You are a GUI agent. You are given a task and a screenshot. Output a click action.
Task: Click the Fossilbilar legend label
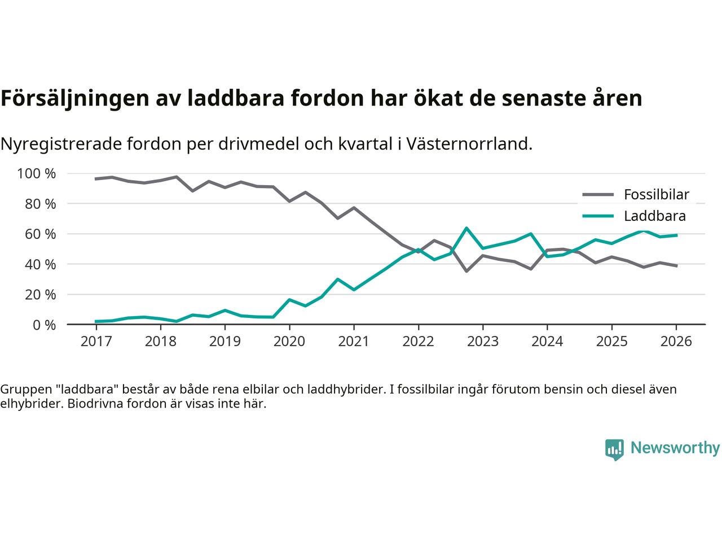656,195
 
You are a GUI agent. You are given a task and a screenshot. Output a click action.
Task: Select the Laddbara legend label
654,216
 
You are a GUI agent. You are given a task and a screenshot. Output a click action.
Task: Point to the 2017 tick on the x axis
96,341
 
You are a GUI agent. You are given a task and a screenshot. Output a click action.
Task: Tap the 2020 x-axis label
289,341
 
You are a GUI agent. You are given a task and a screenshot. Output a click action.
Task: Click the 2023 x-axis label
483,341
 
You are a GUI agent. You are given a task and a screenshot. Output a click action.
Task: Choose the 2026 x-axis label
676,341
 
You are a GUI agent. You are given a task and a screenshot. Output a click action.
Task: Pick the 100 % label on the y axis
37,173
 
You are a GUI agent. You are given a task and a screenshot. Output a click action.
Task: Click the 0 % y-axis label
44,325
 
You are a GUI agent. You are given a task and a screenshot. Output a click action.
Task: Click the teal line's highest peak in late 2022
466,228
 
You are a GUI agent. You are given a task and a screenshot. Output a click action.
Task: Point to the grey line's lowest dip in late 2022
466,271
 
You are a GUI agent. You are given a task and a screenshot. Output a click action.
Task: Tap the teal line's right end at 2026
676,235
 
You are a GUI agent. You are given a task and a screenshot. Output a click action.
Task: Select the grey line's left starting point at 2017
96,179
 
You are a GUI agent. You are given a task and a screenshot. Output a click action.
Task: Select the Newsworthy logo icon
614,449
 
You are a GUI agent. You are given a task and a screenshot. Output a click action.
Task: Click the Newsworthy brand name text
675,448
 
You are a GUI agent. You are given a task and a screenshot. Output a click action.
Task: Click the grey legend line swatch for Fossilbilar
597,195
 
